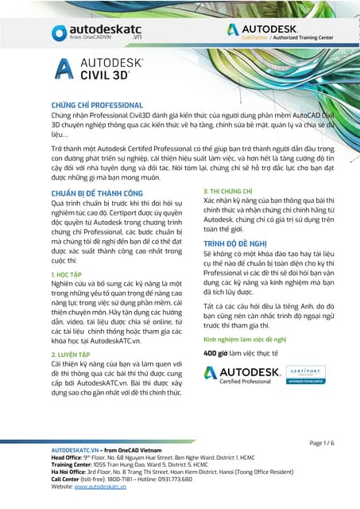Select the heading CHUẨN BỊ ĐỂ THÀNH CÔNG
[97, 193]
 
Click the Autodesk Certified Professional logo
[242, 375]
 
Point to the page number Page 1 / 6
[322, 442]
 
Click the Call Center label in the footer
[69, 479]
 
